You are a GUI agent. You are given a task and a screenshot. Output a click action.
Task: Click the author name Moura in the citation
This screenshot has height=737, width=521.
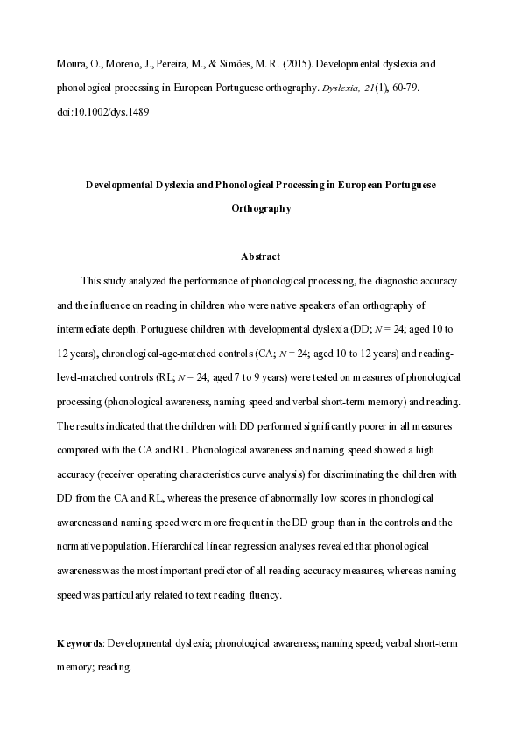pos(71,65)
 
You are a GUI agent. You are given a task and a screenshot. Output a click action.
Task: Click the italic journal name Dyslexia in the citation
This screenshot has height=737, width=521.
pos(341,89)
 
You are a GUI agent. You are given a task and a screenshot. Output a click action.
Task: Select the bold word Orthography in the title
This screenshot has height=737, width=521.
pos(260,209)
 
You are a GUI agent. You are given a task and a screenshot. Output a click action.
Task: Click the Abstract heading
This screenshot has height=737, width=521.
pos(260,256)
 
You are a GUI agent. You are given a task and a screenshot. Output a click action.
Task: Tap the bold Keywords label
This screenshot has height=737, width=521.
pos(80,643)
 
